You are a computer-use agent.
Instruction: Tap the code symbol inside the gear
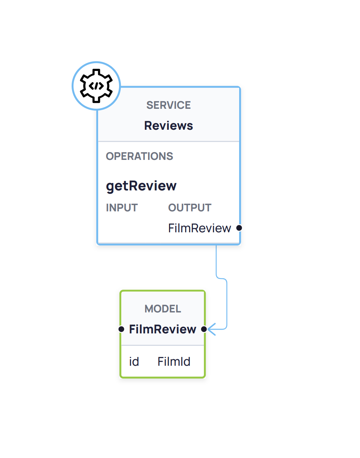96,86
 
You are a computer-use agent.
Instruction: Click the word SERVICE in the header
169,105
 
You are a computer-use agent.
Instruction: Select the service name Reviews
169,126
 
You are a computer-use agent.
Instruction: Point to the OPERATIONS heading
139,156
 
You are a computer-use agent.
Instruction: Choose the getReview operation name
141,186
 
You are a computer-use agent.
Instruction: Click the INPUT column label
122,208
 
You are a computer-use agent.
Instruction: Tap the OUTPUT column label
190,208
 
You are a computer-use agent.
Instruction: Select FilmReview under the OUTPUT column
199,228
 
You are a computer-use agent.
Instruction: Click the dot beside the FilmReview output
239,228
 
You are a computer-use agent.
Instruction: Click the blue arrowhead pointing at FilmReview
212,329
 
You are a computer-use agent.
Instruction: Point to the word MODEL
163,309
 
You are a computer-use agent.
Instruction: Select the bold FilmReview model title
162,329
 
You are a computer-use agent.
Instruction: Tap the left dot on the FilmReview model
121,329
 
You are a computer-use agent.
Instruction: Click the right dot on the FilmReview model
204,329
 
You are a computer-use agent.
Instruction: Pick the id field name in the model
134,362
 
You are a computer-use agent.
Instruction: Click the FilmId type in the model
174,362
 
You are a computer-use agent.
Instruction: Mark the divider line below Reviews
169,142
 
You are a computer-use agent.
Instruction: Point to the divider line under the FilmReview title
162,345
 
